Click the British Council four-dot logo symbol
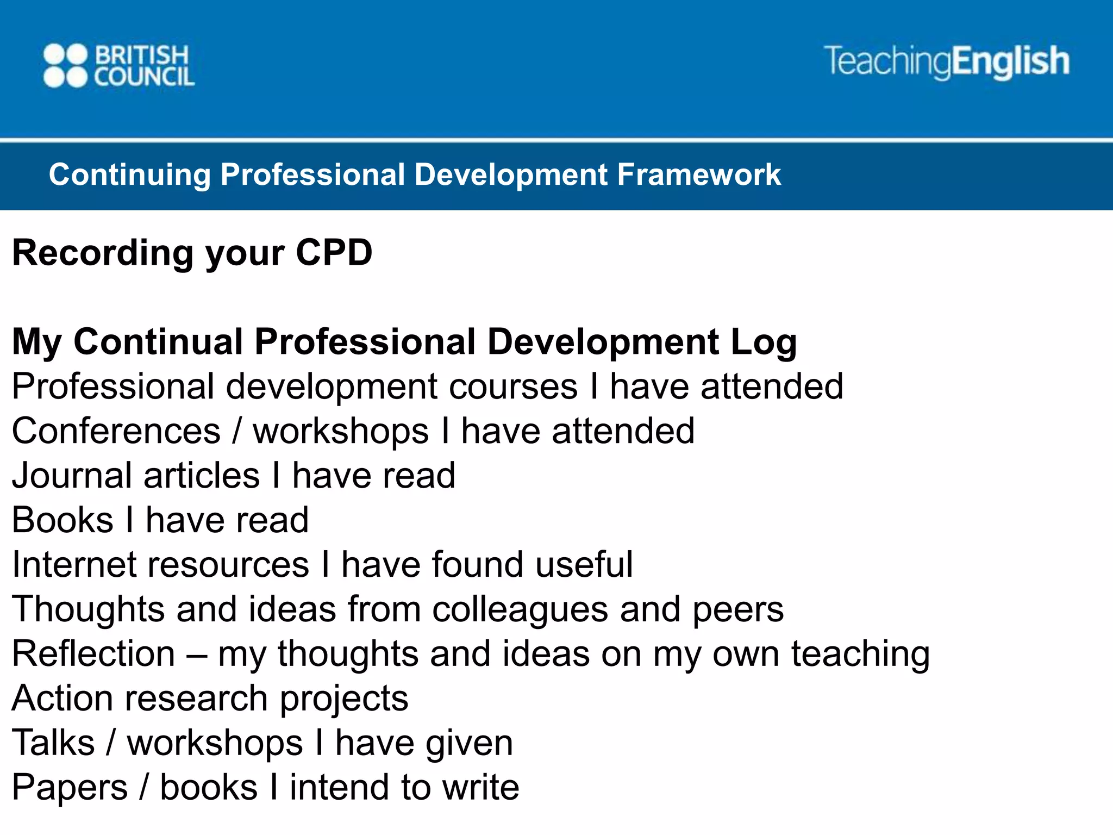pyautogui.click(x=65, y=65)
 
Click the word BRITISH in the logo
pyautogui.click(x=142, y=55)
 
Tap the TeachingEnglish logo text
pyautogui.click(x=946, y=61)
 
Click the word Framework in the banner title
pyautogui.click(x=699, y=175)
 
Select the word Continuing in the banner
pyautogui.click(x=129, y=175)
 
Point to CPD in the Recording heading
pyautogui.click(x=334, y=253)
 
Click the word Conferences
pyautogui.click(x=116, y=432)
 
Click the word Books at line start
pyautogui.click(x=62, y=520)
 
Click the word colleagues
pyautogui.click(x=520, y=610)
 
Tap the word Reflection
pyautogui.click(x=93, y=654)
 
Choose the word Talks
pyautogui.click(x=53, y=743)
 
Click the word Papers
pyautogui.click(x=70, y=788)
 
